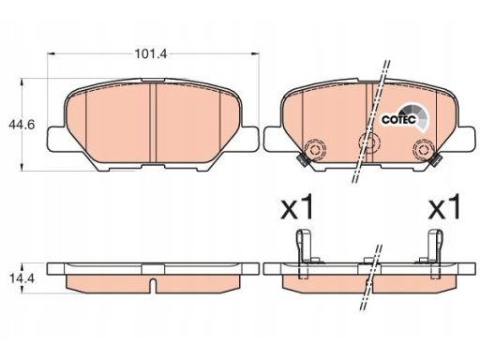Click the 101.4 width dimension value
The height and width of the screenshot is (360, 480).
tap(151, 54)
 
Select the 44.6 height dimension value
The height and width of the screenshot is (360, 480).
tap(22, 125)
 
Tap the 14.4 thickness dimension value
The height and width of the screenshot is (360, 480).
tap(22, 278)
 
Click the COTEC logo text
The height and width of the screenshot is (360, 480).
tap(398, 119)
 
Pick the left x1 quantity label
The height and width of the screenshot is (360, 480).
tap(296, 206)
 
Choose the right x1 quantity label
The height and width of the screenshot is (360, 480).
tap(444, 206)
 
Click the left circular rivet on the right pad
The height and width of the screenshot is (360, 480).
tap(314, 150)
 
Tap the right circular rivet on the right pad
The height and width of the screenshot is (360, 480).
tap(423, 149)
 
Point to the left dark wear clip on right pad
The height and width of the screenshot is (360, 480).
tap(303, 161)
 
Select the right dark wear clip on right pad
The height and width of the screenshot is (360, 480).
tap(435, 160)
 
